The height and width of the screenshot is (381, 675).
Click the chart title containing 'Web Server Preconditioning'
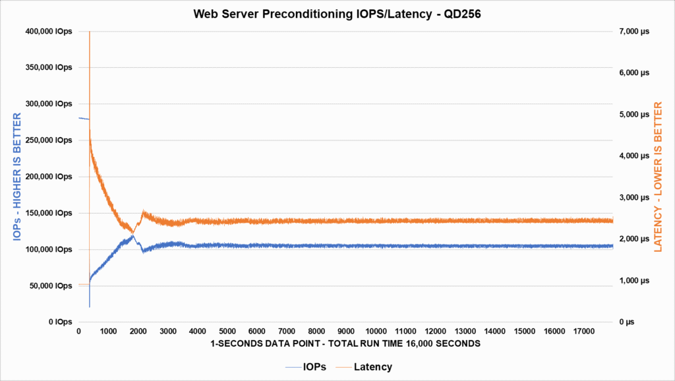point(337,14)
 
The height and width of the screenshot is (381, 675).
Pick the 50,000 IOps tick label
point(49,285)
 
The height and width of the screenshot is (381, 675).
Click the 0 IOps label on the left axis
point(59,322)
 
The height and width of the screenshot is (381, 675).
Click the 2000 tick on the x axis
point(138,332)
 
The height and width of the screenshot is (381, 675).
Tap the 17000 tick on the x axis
point(585,332)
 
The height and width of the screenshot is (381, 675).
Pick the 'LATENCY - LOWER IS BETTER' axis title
point(658,175)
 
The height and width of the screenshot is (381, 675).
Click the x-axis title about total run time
point(345,344)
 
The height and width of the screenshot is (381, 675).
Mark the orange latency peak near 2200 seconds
point(144,212)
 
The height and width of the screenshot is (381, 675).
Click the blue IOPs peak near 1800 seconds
point(132,235)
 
